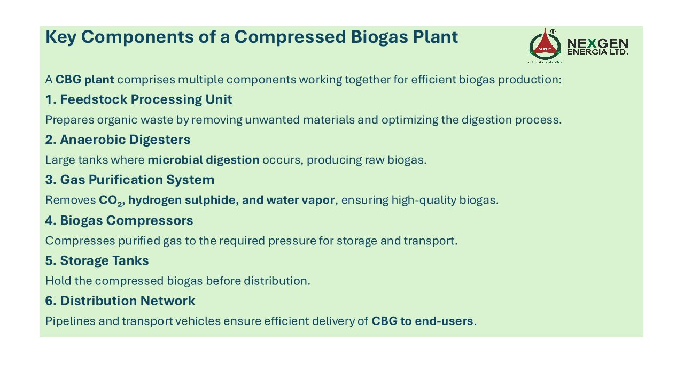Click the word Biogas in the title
click(x=379, y=37)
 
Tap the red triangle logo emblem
click(x=545, y=45)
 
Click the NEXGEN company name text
click(x=597, y=43)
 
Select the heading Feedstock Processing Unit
click(x=138, y=99)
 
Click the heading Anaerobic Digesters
click(x=118, y=140)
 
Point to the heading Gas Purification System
click(x=130, y=180)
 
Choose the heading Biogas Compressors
click(x=119, y=220)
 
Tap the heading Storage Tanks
click(x=97, y=260)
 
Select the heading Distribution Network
click(x=120, y=301)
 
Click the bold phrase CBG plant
click(x=84, y=80)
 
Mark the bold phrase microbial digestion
click(x=204, y=160)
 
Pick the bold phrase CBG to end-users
click(x=422, y=321)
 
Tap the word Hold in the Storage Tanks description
click(x=58, y=281)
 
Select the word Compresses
click(x=80, y=241)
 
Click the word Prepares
click(x=69, y=120)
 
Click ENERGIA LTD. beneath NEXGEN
click(x=597, y=52)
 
